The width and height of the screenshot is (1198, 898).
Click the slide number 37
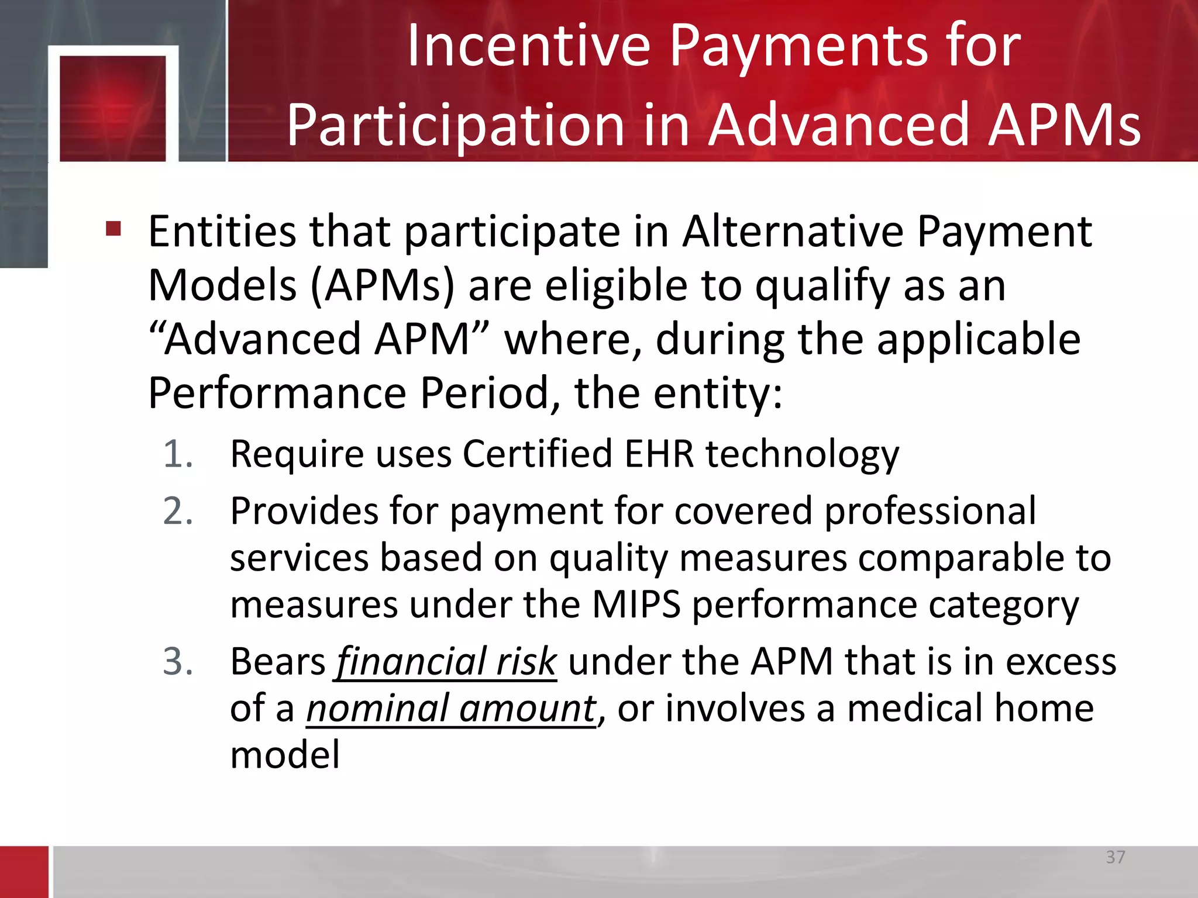pyautogui.click(x=1115, y=857)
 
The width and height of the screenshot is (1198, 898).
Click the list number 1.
pyautogui.click(x=178, y=454)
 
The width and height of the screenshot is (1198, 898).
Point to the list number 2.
pyautogui.click(x=178, y=511)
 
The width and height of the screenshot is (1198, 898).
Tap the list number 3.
pyautogui.click(x=178, y=662)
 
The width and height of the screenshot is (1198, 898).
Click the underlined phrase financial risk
pyautogui.click(x=446, y=662)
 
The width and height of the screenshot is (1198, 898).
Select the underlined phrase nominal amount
pyautogui.click(x=451, y=709)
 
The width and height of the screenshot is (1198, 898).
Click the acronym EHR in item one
pyautogui.click(x=659, y=454)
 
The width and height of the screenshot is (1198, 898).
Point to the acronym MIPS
pyautogui.click(x=636, y=605)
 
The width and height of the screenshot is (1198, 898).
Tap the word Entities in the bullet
pyautogui.click(x=222, y=232)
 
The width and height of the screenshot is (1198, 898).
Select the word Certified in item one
pyautogui.click(x=537, y=454)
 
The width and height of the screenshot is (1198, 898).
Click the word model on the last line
pyautogui.click(x=285, y=755)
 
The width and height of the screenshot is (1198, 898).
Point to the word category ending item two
pyautogui.click(x=1003, y=605)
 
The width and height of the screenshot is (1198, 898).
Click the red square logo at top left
pyautogui.click(x=113, y=108)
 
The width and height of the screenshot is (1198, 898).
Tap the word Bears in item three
pyautogui.click(x=278, y=662)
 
